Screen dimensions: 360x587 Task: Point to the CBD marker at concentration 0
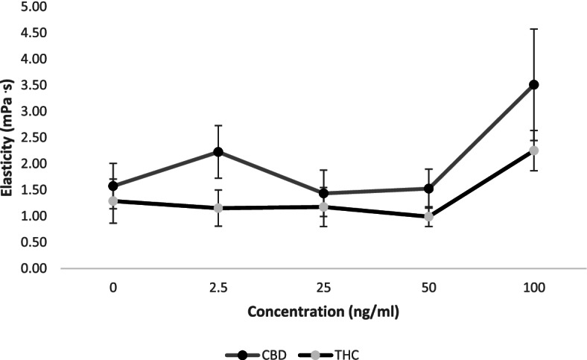click(112, 186)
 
